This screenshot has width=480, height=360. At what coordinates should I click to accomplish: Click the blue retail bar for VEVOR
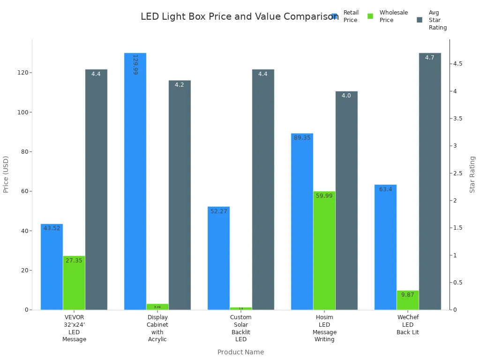click(52, 267)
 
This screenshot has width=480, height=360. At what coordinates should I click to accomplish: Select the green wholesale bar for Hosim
click(324, 251)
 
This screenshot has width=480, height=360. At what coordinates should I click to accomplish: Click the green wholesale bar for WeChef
click(408, 300)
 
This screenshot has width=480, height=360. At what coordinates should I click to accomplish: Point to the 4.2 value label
click(180, 85)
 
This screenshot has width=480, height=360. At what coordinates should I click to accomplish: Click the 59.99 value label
click(324, 196)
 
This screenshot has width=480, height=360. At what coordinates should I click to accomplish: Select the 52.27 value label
click(218, 211)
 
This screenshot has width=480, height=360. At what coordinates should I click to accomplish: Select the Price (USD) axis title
click(6, 174)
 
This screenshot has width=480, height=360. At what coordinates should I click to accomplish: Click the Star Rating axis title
click(472, 174)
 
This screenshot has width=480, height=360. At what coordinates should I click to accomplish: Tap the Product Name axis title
click(240, 352)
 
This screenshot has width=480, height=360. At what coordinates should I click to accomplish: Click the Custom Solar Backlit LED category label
click(241, 328)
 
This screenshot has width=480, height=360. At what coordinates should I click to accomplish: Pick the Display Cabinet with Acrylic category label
click(157, 328)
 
